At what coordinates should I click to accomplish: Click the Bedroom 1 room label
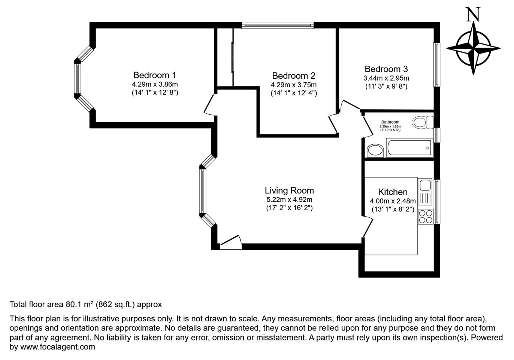[155, 75]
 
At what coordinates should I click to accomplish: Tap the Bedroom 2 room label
[294, 76]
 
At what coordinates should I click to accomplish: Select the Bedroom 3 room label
[386, 69]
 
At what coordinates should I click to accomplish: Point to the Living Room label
[289, 190]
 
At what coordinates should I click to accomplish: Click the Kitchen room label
[393, 192]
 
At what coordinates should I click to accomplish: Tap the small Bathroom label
[390, 122]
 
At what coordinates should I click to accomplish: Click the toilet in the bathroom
[423, 123]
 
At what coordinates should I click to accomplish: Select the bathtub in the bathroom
[409, 148]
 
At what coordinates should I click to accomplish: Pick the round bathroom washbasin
[375, 150]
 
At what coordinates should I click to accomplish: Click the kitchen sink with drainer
[425, 192]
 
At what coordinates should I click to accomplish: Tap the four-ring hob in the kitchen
[426, 216]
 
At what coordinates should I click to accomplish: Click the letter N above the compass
[473, 14]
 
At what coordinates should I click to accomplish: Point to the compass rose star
[473, 48]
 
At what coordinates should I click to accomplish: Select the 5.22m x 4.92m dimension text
[289, 199]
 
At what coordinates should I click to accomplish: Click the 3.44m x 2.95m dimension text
[386, 78]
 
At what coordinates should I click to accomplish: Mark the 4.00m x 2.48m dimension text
[393, 201]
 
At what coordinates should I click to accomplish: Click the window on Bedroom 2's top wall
[278, 25]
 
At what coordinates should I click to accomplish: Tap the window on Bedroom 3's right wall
[437, 65]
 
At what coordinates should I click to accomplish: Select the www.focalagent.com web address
[58, 346]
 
